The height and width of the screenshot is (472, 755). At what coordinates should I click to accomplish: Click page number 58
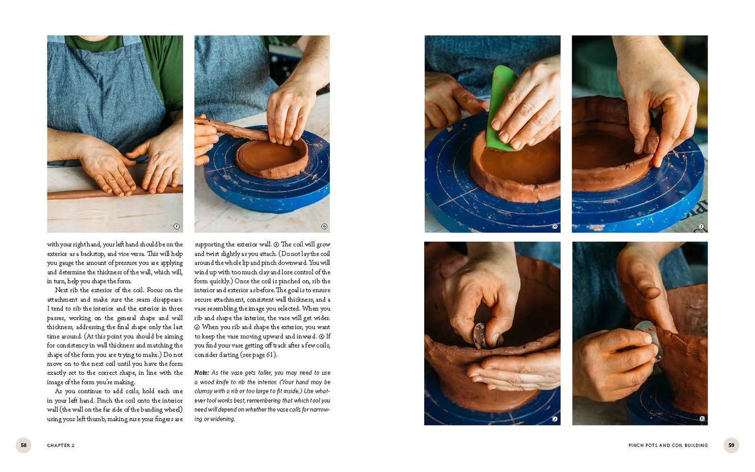[x=24, y=445]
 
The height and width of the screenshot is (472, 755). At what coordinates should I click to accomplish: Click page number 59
[x=731, y=445]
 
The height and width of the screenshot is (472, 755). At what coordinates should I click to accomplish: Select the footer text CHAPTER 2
[x=61, y=445]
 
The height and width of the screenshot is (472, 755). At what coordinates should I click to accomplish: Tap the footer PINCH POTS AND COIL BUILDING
[x=668, y=445]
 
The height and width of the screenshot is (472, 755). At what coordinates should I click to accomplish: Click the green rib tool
[x=501, y=108]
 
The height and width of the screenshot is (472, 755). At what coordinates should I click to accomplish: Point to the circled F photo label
[x=176, y=226]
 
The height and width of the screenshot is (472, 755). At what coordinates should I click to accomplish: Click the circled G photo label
[x=324, y=226]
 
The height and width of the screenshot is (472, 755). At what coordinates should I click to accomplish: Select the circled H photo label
[x=554, y=226]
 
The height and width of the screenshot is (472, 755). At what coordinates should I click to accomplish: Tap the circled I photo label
[x=701, y=226]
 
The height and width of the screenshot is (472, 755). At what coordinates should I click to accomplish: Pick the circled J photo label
[x=554, y=419]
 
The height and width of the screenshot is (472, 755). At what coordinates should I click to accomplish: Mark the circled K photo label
[x=702, y=419]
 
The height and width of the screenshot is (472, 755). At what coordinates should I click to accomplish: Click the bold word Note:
[x=202, y=373]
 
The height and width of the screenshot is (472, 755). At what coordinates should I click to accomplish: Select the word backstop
[x=91, y=254]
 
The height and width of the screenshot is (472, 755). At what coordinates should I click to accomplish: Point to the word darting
[x=228, y=355]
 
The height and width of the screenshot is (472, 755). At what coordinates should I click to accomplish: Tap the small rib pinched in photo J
[x=479, y=336]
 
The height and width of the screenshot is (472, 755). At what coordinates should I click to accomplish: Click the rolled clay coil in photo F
[x=115, y=192]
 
